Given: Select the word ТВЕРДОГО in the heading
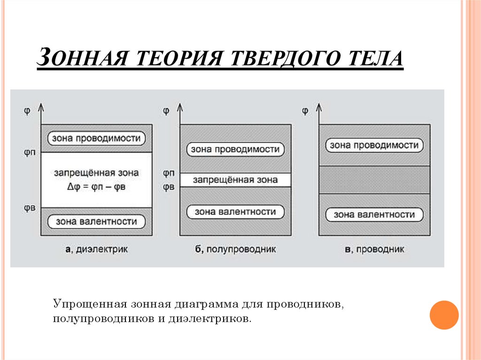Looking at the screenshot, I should point(287,59).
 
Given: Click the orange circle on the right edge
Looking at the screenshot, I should point(444,314).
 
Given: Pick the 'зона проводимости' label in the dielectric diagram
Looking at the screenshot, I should point(96,138).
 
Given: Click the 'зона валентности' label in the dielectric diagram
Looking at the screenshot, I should point(96,221).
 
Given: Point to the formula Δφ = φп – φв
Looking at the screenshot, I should point(96,186).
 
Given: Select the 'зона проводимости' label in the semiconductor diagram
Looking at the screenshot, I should point(235,150).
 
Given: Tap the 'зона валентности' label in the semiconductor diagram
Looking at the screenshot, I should point(235,212).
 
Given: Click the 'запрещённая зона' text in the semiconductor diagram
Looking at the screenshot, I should point(235,180).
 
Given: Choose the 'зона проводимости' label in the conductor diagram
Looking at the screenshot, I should point(374,145).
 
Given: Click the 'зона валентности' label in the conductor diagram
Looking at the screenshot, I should point(374,214).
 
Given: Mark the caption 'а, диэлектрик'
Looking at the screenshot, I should point(96,249).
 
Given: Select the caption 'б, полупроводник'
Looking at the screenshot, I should point(235,249).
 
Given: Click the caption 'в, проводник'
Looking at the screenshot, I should point(374,249).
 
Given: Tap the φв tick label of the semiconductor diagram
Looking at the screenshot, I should point(168,187).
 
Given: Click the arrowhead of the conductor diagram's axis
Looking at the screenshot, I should point(319,107).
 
